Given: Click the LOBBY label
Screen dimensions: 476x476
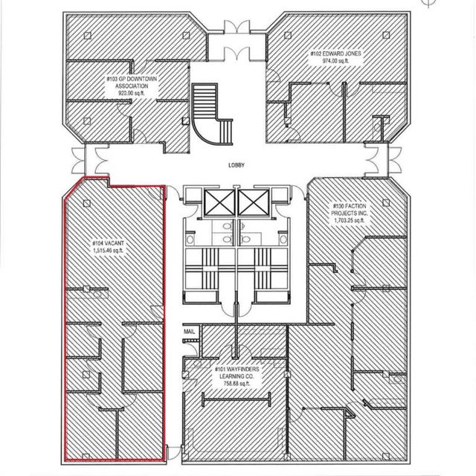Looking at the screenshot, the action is coord(237,165).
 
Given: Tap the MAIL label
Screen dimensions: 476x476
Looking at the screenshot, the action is coord(189,332).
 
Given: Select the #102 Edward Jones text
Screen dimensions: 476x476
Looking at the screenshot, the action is coord(335,54).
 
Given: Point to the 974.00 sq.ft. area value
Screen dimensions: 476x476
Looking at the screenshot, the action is coord(335,61).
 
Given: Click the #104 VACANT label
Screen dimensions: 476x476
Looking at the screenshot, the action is coord(108,243).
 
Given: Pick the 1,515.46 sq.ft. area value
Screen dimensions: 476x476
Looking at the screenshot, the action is coord(108,251).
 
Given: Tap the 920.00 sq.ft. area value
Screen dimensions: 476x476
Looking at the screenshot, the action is coord(132,93).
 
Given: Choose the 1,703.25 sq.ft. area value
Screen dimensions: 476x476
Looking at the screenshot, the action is coord(349,220).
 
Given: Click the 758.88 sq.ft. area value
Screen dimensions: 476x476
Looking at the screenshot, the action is coord(237,384).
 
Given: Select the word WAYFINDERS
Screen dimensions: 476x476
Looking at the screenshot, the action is coord(241,369).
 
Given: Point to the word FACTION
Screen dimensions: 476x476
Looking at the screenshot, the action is coord(356,206).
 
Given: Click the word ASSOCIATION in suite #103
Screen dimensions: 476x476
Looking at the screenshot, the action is coord(132,86).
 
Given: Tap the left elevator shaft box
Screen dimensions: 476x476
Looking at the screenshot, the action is coord(219,203).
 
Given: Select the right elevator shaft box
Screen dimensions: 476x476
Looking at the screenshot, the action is coord(253,203).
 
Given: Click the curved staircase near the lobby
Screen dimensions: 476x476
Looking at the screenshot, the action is coord(213,115).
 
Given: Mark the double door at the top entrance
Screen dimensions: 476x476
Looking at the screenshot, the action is coord(237,27).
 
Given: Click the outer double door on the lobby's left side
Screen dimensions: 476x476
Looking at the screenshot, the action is coord(78,161).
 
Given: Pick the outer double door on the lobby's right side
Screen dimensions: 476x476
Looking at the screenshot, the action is coord(395,161).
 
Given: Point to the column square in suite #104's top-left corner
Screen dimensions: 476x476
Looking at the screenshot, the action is coord(87,203).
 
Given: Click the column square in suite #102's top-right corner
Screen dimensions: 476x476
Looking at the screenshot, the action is coord(386,35).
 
